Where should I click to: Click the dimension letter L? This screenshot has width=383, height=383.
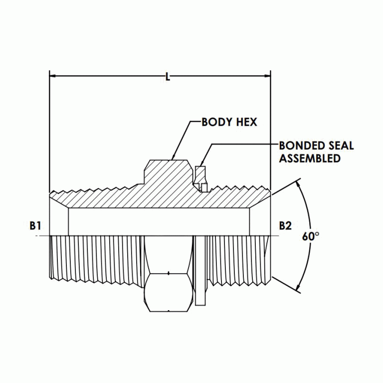tap(168, 77)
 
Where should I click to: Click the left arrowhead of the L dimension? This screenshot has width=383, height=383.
tap(53, 77)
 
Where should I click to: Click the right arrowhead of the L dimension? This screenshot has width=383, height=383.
tap(267, 77)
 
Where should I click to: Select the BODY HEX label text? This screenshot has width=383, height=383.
tap(229, 122)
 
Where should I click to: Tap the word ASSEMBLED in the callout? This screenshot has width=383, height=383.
tap(309, 159)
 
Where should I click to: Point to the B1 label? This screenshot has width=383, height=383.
tap(35, 225)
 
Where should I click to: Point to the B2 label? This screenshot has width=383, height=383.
tap(285, 225)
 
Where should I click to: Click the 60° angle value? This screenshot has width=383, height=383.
tap(310, 236)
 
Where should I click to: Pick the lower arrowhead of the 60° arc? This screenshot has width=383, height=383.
tap(299, 287)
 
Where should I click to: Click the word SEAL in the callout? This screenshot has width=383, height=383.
tap(341, 146)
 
